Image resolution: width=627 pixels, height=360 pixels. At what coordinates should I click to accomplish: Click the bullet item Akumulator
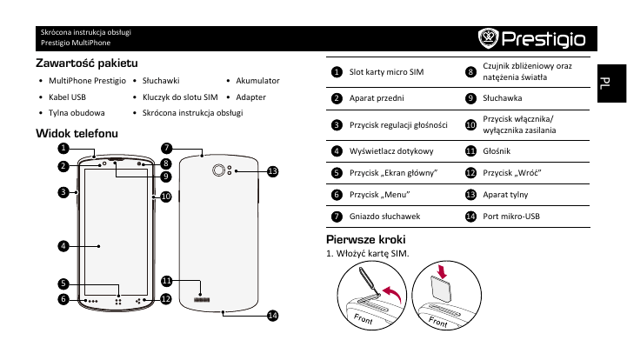coord(257,80)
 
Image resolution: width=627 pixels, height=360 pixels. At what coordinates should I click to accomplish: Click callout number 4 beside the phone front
coord(63,245)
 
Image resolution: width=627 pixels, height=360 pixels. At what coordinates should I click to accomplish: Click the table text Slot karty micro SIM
coord(386,71)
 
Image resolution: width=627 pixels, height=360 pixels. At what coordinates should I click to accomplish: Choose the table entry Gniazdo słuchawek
coord(386,216)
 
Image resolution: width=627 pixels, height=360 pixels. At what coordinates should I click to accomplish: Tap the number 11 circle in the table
coord(470,150)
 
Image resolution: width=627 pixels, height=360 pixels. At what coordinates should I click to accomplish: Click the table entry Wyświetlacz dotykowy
coord(392,150)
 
